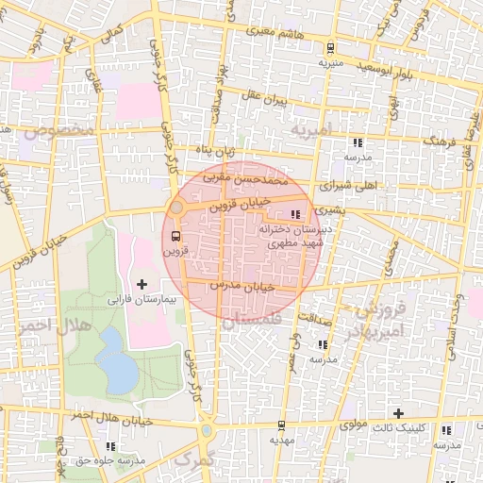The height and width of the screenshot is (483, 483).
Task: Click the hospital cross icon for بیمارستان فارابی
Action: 142,284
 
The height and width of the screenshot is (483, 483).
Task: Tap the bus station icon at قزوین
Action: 176,237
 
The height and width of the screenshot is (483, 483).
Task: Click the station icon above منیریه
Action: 329,48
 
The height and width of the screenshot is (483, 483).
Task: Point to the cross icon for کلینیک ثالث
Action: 399,413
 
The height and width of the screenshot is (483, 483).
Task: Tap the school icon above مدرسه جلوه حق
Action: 111,445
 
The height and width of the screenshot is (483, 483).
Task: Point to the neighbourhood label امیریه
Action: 311,128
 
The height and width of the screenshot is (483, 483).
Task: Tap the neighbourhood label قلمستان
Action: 248,322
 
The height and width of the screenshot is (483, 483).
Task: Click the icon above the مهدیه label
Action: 277,424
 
